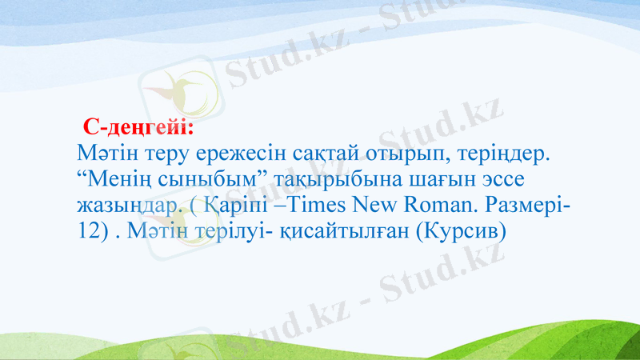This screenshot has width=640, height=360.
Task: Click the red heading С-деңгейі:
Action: pos(138,127)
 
